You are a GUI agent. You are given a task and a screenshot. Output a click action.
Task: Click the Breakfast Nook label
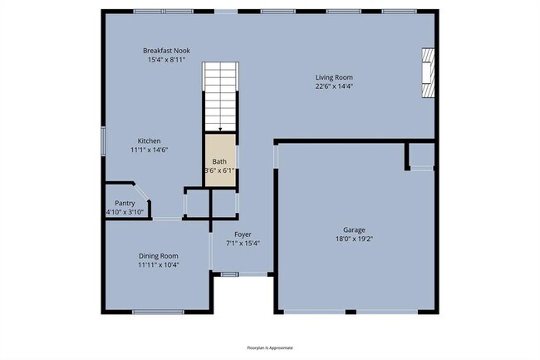coord(166,51)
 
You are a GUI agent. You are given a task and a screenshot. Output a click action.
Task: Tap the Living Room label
coord(334,77)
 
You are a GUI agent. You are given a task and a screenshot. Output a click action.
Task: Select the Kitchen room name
coord(149,141)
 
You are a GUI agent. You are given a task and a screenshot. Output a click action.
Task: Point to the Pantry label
coord(125,203)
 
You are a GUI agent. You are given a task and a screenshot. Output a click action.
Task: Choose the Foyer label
coord(243,234)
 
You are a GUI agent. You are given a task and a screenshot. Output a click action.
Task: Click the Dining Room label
coord(158,255)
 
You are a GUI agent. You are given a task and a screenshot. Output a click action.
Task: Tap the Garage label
coord(354,230)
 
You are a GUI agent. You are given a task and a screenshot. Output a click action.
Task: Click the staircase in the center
coord(220,96)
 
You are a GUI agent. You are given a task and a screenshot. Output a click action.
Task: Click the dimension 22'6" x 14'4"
coord(334,86)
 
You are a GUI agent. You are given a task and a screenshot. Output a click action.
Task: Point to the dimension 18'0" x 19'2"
coord(354,239)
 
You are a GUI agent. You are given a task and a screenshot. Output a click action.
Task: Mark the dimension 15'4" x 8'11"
coord(166,60)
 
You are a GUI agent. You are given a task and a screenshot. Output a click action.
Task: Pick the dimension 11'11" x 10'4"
coord(158,264)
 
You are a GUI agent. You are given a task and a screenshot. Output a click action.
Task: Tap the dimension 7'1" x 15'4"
coord(243,244)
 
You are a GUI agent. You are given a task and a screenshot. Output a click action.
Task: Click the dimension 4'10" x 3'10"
coord(125,212)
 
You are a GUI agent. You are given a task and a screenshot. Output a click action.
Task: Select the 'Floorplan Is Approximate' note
coord(270,348)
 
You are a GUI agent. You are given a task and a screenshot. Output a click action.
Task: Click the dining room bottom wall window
coord(158,313)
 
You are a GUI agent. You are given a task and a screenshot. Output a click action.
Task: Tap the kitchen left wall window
coord(103,140)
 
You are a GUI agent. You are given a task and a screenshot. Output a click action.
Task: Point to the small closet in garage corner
coord(420,155)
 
